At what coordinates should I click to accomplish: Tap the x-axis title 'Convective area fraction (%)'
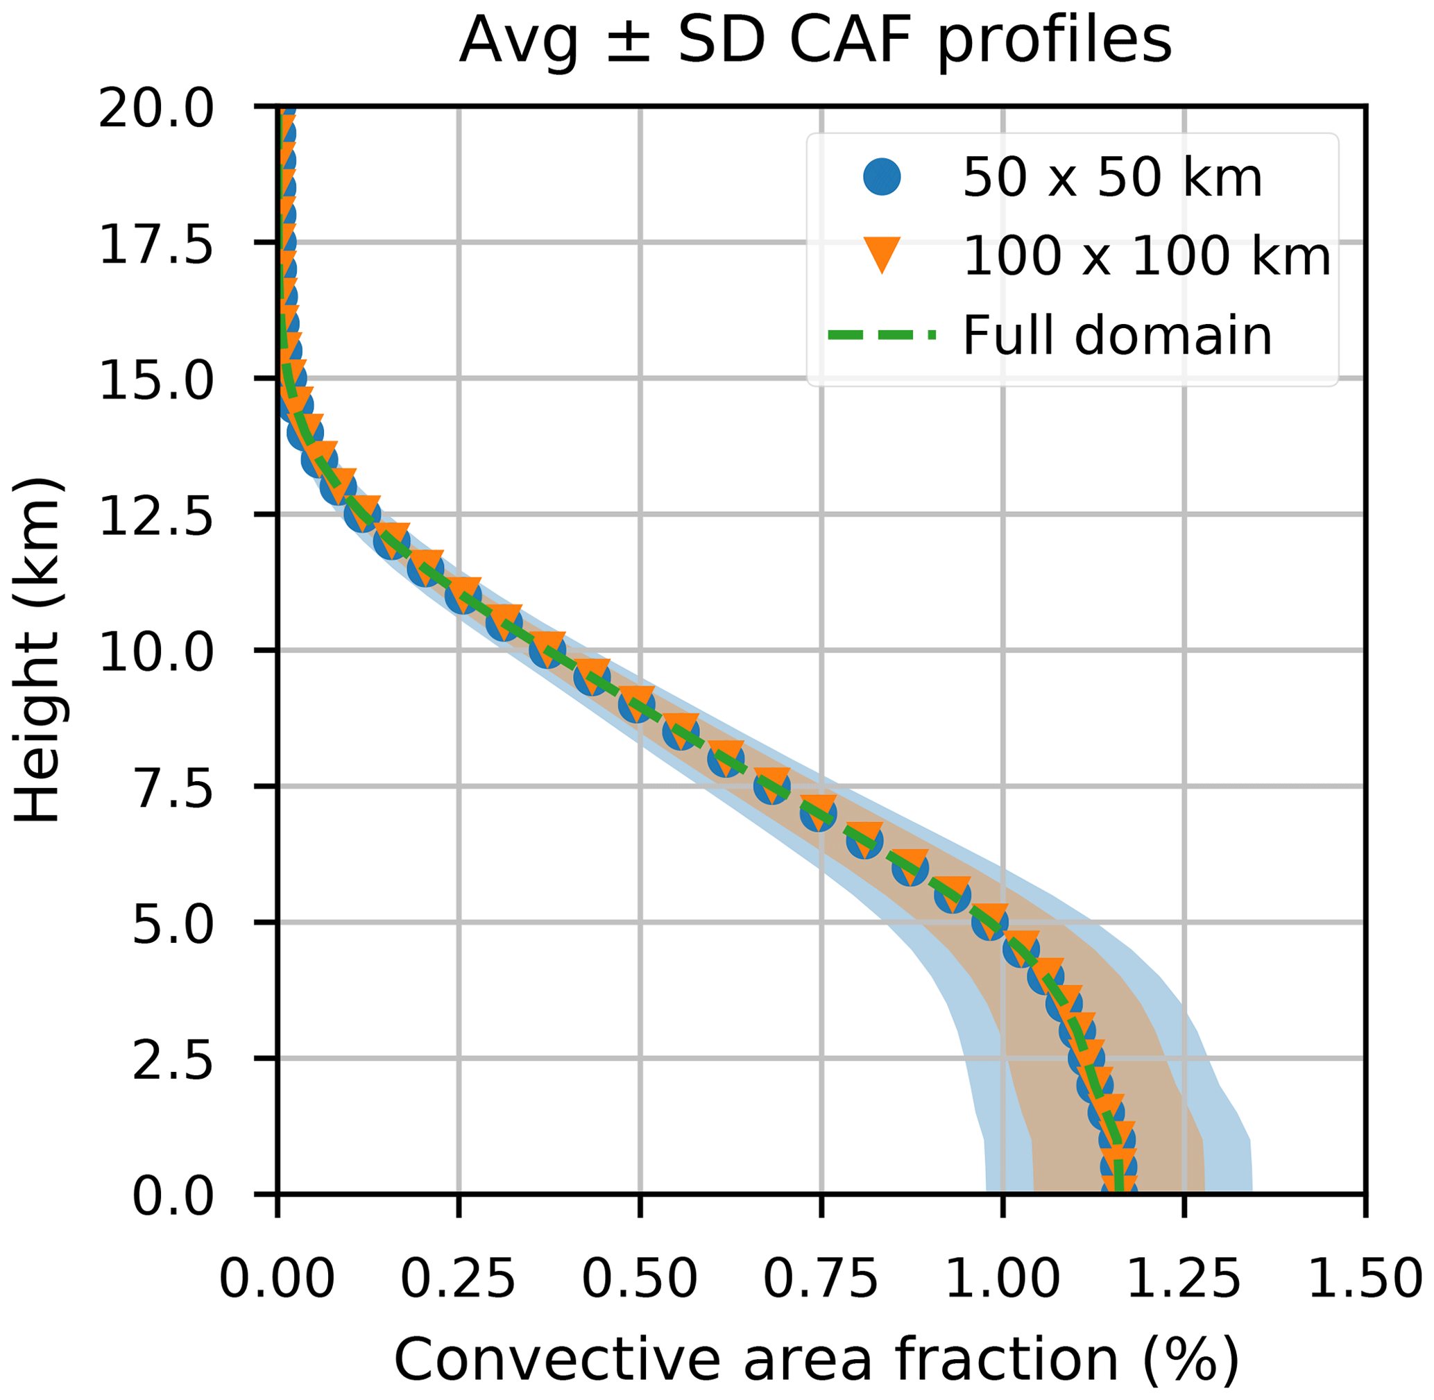[817, 1358]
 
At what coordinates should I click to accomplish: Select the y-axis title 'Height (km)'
[37, 650]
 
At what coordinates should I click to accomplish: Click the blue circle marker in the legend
[882, 177]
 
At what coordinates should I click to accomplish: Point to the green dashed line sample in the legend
[882, 335]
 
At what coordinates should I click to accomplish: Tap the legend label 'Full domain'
[1116, 335]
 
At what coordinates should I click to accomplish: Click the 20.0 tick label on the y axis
[156, 109]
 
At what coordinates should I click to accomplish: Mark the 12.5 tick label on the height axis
[156, 515]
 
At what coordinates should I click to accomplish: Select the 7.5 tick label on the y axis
[172, 787]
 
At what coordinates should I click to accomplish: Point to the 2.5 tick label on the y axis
[172, 1059]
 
